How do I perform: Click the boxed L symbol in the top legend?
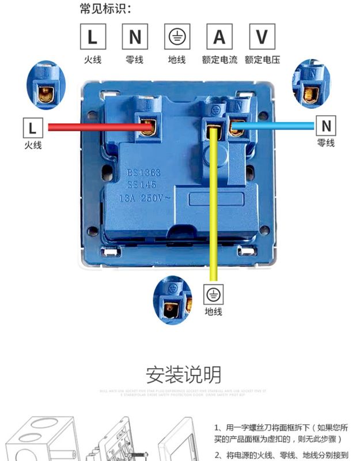(x=93, y=37)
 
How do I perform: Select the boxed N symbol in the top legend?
(x=135, y=37)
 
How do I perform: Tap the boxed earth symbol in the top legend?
(x=177, y=37)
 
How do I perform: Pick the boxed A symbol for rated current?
(x=219, y=37)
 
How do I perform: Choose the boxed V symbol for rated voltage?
(x=262, y=37)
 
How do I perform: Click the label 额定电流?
(x=219, y=59)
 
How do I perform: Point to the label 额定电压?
(x=262, y=59)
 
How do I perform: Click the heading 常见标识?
(x=105, y=8)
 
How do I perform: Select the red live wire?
(x=92, y=127)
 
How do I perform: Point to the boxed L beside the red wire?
(x=32, y=127)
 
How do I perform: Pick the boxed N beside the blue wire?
(x=326, y=125)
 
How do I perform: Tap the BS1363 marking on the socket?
(x=144, y=172)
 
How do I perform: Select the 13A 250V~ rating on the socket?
(x=144, y=198)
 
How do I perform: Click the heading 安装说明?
(x=183, y=375)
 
